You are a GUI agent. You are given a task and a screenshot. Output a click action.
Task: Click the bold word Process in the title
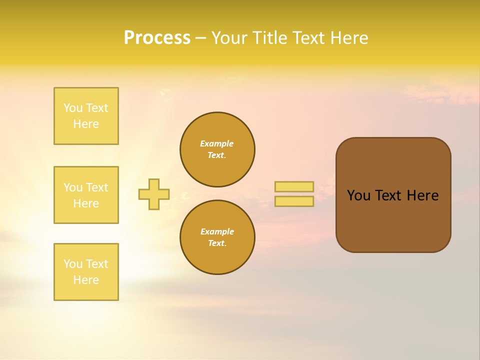pos(157,38)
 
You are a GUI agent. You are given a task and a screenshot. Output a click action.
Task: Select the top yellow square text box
pos(86,116)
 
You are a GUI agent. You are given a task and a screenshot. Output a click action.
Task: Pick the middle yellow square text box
pos(86,195)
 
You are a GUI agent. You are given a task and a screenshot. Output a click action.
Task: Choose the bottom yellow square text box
pos(86,272)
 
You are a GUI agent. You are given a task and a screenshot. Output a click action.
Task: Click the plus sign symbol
pos(154,194)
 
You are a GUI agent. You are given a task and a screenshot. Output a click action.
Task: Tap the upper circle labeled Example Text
pos(217,149)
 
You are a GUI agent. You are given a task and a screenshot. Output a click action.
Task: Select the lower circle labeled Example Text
pos(217,237)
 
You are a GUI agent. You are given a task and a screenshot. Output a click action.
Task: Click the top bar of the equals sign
pos(294,186)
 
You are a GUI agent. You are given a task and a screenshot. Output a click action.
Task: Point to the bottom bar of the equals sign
pos(294,201)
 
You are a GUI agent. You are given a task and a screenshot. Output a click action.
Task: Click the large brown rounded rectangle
pos(393,220)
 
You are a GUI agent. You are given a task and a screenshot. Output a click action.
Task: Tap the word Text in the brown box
pos(388,195)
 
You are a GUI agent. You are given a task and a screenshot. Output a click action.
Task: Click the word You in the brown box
pos(358,195)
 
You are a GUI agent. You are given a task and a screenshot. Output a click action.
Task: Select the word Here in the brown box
pos(422,195)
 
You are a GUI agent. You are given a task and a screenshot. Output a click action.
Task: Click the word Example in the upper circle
pos(217,143)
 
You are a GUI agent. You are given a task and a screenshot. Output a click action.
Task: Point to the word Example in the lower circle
pos(217,231)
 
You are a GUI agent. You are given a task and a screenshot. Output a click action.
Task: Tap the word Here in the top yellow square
pos(86,124)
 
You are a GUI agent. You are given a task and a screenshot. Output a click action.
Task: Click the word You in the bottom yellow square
pos(73,264)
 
